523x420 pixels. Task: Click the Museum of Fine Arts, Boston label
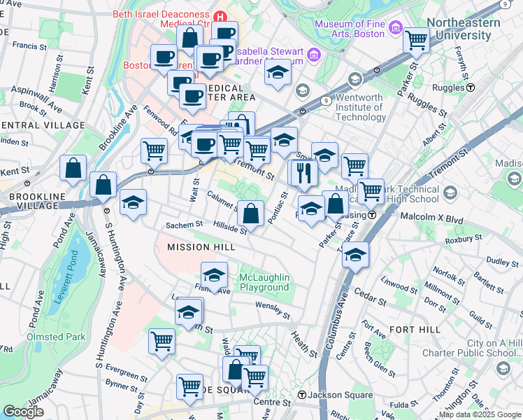(x=350, y=29)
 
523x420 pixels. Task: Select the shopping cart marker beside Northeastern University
(x=417, y=40)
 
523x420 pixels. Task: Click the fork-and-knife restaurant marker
(x=303, y=172)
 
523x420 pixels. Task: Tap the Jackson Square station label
(x=331, y=395)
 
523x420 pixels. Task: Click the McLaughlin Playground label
(x=264, y=283)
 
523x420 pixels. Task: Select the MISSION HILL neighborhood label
(x=198, y=247)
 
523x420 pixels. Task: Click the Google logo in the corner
(x=23, y=412)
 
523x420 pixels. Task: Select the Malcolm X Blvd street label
(x=431, y=218)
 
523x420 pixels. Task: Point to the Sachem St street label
(x=184, y=225)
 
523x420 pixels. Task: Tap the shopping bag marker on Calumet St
(x=250, y=211)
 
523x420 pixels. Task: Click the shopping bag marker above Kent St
(x=73, y=168)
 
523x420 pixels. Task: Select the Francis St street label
(x=29, y=45)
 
